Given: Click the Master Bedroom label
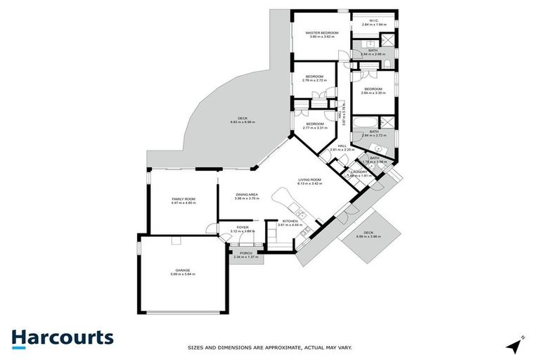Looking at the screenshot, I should tap(322, 33).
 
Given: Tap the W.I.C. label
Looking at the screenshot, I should tap(374, 20).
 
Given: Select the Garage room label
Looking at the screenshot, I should tap(183, 270).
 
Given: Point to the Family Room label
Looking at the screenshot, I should tap(184, 199).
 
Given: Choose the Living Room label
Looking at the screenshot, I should tap(309, 180).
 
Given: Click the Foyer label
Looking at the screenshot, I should tap(243, 227).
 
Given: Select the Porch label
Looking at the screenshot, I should tap(246, 253).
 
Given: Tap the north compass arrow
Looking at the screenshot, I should tap(517, 345).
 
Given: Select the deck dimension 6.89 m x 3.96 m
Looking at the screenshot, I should tap(368, 236).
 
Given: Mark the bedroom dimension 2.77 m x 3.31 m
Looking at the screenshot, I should tap(314, 128).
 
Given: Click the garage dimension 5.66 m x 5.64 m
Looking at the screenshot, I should tap(183, 274).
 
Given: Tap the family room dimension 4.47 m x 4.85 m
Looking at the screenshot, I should tap(184, 203).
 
